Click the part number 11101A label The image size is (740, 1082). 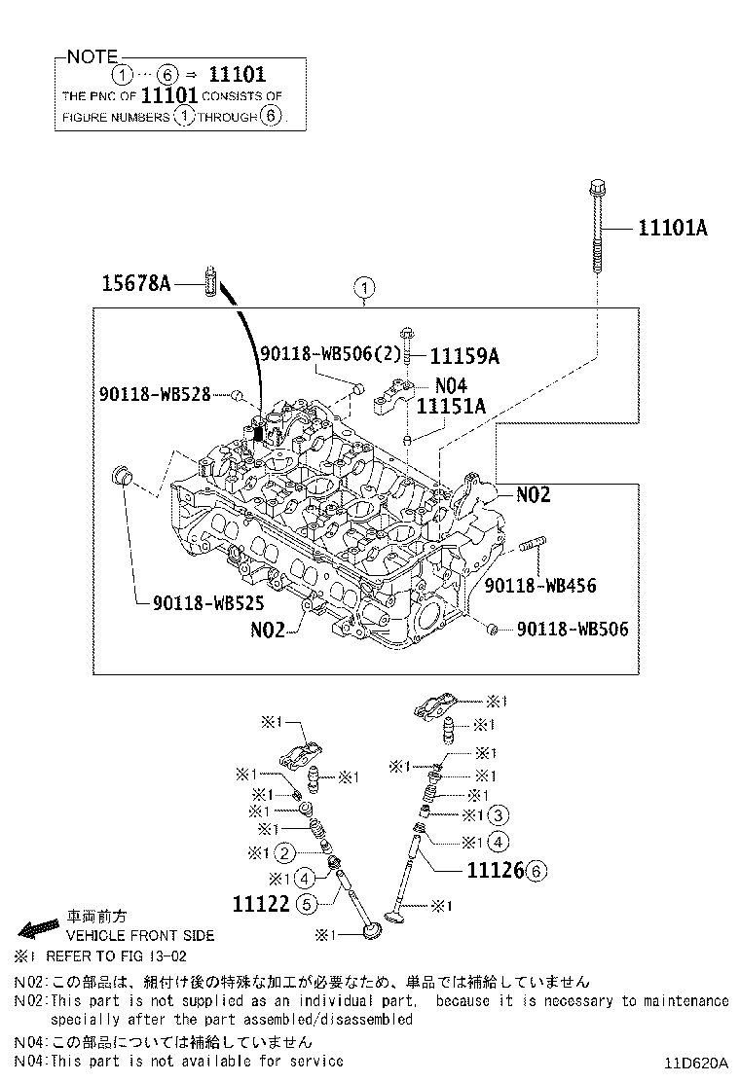(x=672, y=229)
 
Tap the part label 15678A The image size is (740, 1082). (x=136, y=283)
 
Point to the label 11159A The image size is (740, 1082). (x=464, y=356)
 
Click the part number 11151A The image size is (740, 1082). (x=451, y=406)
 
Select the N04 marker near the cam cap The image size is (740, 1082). (x=452, y=384)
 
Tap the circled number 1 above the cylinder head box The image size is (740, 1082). (x=363, y=288)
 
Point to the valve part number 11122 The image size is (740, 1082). (x=261, y=904)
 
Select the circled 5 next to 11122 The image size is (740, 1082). (x=306, y=905)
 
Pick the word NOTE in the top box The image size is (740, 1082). (x=92, y=57)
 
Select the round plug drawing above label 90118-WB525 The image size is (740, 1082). (x=123, y=478)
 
